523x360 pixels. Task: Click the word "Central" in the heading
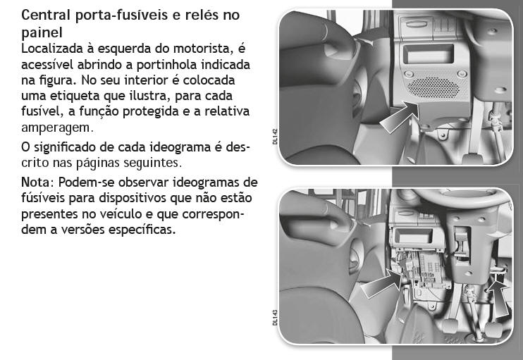[x=46, y=15]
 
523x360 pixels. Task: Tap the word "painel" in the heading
[x=42, y=32]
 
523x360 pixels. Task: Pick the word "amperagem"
[x=56, y=128]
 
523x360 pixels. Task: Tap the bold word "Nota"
[x=35, y=182]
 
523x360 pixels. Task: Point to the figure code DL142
[x=275, y=137]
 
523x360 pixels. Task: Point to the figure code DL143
[x=275, y=317]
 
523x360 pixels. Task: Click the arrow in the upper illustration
[x=399, y=118]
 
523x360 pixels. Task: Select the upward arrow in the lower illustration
[x=498, y=299]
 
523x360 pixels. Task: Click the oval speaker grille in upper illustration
[x=433, y=87]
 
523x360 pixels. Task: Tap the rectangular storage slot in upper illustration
[x=429, y=54]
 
